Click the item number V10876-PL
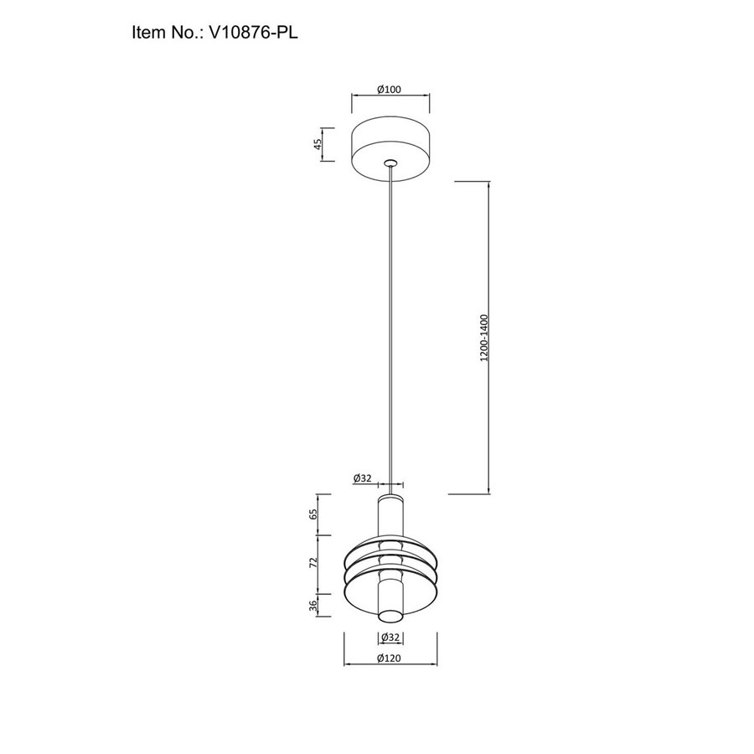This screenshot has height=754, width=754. click(x=253, y=33)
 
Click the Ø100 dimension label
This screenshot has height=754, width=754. click(x=389, y=90)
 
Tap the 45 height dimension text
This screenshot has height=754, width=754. click(x=318, y=144)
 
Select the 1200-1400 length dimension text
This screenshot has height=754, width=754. click(x=483, y=338)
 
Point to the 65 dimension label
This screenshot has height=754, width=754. click(x=313, y=514)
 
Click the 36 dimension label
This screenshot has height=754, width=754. click(x=313, y=606)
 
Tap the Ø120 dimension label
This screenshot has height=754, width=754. click(x=389, y=658)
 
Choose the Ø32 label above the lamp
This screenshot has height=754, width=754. click(x=363, y=478)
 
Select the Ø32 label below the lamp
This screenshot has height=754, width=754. click(x=390, y=638)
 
